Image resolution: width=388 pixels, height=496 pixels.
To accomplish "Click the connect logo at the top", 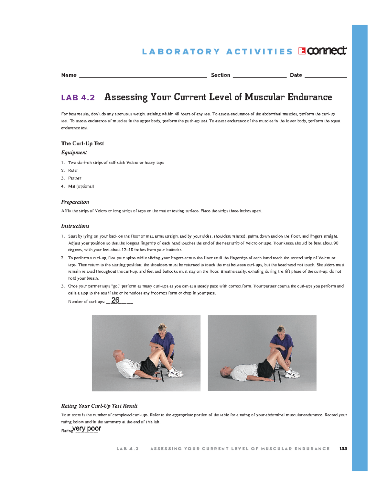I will pos(322,51).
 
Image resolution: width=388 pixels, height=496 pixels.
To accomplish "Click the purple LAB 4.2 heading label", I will pos(78,97).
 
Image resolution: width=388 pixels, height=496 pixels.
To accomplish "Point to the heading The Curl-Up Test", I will pos(82,143).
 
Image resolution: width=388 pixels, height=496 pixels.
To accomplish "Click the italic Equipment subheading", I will pos(74,152).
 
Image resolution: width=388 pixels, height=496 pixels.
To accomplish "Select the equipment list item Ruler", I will pos(73,170).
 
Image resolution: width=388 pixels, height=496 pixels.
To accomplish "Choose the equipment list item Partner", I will pos(75,178).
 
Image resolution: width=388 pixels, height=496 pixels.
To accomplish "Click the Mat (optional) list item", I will pos(81,186).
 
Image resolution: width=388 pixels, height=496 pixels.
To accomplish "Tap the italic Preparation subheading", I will pos(75,202).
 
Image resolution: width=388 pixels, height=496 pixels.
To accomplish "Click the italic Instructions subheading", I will pos(75,226).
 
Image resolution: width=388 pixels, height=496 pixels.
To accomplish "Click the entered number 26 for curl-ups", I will pos(115,300).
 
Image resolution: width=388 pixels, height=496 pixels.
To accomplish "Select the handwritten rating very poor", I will pos(87,429).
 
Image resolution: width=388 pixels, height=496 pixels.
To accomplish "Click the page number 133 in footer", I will pos(343,449).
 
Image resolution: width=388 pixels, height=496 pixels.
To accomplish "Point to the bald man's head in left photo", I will pos(117,355).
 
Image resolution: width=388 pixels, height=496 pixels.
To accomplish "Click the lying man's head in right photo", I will pos(226,371).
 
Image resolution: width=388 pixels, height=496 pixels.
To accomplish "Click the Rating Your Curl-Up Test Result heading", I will pos(99,406).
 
